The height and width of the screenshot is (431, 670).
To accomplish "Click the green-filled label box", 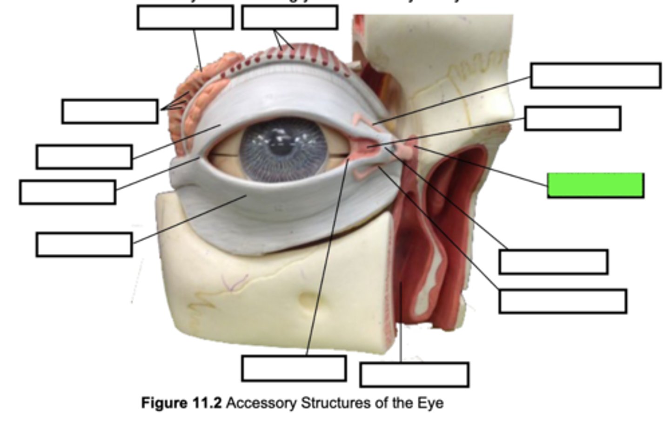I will (x=596, y=185).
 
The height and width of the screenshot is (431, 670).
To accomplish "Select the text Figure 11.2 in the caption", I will (x=181, y=403).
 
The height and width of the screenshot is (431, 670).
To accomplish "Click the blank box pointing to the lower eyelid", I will (x=84, y=245).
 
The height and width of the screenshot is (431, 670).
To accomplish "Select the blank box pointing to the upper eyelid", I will (x=84, y=157).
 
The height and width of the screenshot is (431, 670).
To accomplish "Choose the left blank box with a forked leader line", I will (x=110, y=111).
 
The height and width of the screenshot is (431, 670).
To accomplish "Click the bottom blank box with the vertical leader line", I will (x=414, y=375).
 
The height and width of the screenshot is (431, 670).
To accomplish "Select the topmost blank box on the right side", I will (x=596, y=75).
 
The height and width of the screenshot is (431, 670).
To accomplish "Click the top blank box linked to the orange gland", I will (x=185, y=18).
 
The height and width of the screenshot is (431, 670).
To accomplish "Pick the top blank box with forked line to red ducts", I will (x=289, y=18).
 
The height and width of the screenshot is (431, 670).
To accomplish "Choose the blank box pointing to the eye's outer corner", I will (x=67, y=192).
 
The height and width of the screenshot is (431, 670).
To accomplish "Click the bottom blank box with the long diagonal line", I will (x=294, y=368).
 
